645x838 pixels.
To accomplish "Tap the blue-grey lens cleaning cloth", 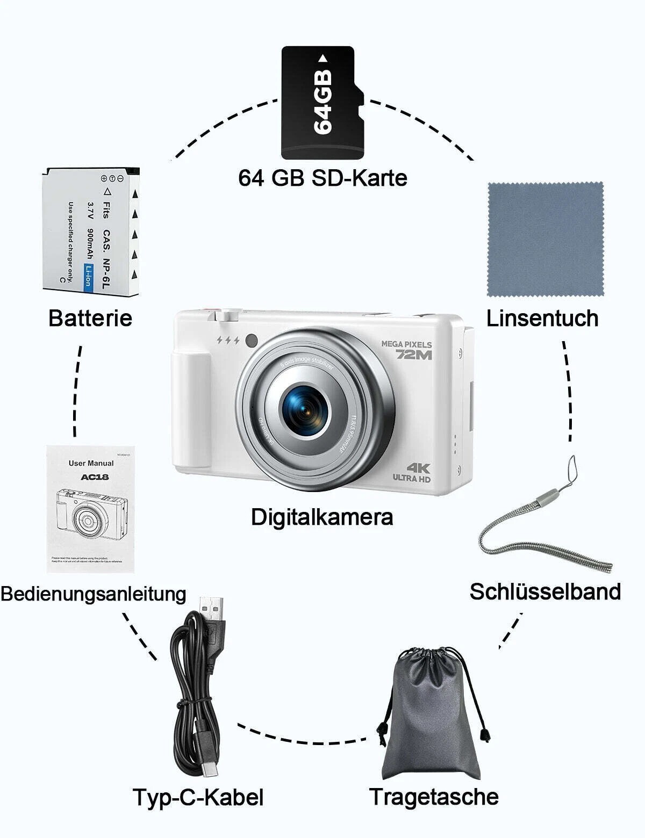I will (545, 239).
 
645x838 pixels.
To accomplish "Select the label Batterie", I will (90, 317).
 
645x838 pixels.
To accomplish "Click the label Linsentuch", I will (542, 318).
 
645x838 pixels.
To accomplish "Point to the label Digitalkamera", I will (322, 517).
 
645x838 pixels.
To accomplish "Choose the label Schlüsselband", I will (545, 591).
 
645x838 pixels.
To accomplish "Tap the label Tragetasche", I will (434, 796).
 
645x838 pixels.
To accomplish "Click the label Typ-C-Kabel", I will (198, 797).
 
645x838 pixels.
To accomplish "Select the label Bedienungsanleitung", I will (93, 594).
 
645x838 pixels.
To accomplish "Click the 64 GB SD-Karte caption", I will (322, 178).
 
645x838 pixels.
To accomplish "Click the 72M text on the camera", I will (414, 355).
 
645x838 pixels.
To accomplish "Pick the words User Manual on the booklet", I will (91, 463).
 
